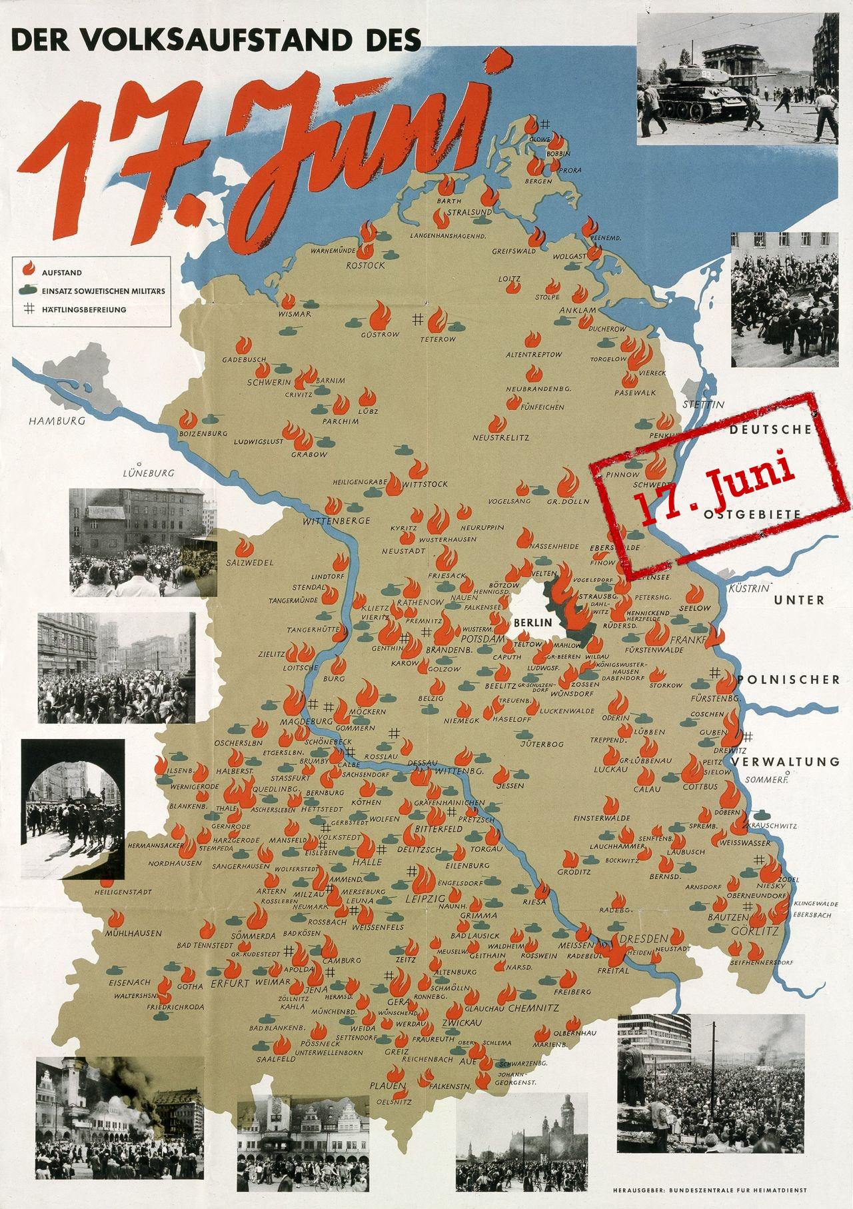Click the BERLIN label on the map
[533, 622]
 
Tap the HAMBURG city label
[57, 421]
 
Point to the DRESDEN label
[644, 938]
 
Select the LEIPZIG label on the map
[425, 899]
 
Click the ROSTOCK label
[365, 265]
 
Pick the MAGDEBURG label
[307, 721]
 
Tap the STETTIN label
[703, 405]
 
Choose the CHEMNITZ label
[533, 1008]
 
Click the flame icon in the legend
[29, 269]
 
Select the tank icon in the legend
[28, 291]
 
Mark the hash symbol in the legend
[29, 309]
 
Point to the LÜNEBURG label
[148, 473]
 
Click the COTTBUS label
[700, 786]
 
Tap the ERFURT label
[230, 983]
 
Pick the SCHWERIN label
[269, 383]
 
